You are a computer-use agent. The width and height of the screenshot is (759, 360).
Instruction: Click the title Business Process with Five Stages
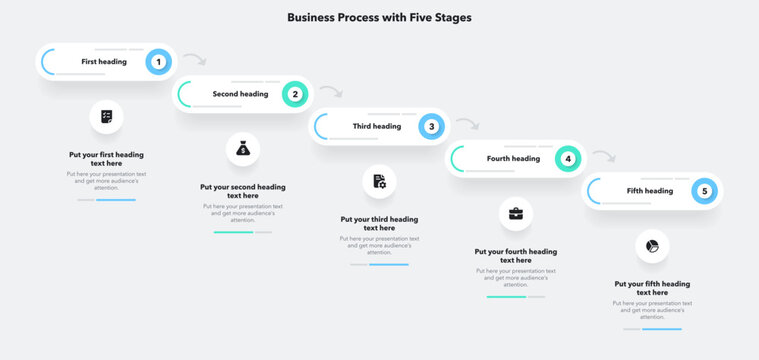tap(379, 17)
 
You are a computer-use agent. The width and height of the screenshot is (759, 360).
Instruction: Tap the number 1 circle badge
tap(158, 62)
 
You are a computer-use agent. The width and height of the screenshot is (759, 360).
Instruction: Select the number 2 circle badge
tap(295, 94)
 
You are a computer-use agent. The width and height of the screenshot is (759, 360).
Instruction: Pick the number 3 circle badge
tap(431, 126)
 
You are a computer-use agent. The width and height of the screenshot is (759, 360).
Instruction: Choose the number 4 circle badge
tap(568, 158)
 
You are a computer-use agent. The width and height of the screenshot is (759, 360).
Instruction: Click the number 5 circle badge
tap(704, 190)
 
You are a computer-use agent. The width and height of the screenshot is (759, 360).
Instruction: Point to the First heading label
tap(104, 62)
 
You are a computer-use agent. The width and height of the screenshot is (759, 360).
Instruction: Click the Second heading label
tap(240, 94)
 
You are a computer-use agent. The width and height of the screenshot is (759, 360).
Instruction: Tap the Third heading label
tap(377, 126)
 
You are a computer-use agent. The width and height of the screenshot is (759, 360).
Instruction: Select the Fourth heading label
tap(513, 158)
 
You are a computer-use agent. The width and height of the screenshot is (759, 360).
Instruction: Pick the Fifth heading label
tap(650, 190)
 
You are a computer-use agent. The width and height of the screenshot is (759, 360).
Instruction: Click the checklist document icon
tap(106, 117)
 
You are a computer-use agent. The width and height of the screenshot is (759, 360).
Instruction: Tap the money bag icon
tap(243, 149)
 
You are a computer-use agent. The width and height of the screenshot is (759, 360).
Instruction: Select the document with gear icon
tap(379, 181)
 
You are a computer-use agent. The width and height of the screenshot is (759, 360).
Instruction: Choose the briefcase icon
tap(516, 213)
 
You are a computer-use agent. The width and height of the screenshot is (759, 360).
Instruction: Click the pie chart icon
tap(652, 245)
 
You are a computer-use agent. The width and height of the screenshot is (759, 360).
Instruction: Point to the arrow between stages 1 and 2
tap(195, 60)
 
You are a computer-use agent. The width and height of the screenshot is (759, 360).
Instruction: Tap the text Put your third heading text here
tap(379, 223)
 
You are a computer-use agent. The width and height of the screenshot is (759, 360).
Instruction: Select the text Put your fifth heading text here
tap(652, 288)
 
